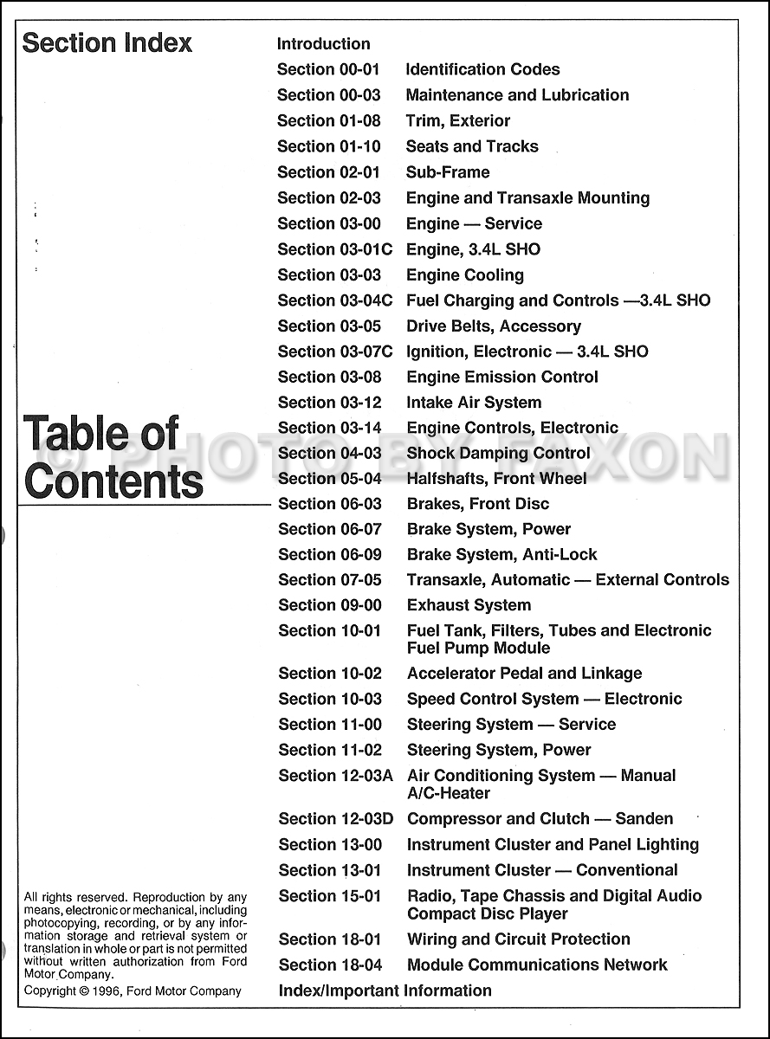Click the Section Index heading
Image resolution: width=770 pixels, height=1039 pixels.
pos(107,43)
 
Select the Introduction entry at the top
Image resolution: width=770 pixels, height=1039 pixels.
pos(323,44)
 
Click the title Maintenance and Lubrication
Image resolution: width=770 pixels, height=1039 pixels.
pos(517,95)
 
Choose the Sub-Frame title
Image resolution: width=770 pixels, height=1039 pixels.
pos(447,172)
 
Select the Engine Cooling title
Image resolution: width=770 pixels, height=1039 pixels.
pos(464,275)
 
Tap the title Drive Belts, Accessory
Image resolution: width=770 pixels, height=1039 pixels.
pos(493,326)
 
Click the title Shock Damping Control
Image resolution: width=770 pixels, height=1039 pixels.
pos(498,454)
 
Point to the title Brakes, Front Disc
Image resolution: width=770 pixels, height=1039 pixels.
pos(477,504)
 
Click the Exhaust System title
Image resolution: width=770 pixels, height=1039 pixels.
pos(469,606)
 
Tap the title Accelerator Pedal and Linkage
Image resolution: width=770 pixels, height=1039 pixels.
pos(524,674)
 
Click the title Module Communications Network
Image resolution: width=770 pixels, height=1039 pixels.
pos(537,965)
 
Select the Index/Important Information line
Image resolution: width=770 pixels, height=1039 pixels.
pos(385,991)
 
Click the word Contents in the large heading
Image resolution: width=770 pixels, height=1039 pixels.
pos(113,481)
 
